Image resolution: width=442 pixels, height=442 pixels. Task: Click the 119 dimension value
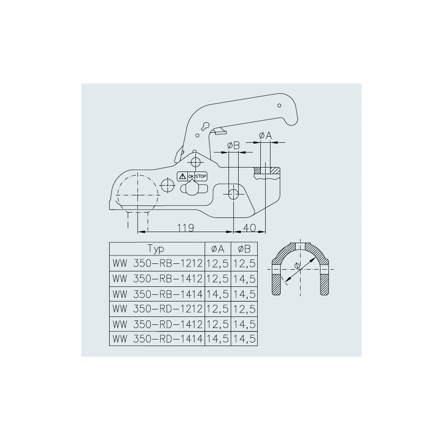[186, 228]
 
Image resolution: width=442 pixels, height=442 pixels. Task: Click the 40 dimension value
[250, 228]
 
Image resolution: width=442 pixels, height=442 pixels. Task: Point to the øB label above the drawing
[233, 145]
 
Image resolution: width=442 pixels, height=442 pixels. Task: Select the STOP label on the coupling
[201, 176]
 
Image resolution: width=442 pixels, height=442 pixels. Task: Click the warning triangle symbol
[182, 176]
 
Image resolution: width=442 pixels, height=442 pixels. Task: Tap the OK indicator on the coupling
[191, 177]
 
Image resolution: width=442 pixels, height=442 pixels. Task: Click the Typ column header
[156, 249]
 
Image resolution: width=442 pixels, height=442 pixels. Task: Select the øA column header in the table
[218, 249]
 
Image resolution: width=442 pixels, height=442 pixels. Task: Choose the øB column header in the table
[244, 249]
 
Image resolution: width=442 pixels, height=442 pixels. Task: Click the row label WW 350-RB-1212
[157, 264]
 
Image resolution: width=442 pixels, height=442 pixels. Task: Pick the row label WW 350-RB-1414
[157, 294]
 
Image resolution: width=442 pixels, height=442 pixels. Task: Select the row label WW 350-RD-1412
[157, 324]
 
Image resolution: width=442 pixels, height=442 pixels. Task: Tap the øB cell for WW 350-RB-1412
[244, 279]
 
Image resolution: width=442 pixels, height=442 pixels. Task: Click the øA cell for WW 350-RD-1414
[218, 339]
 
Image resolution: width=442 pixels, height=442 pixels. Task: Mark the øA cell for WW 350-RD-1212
[218, 309]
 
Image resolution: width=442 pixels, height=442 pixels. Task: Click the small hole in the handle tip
[279, 106]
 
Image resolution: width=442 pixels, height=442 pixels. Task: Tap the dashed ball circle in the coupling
[137, 194]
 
